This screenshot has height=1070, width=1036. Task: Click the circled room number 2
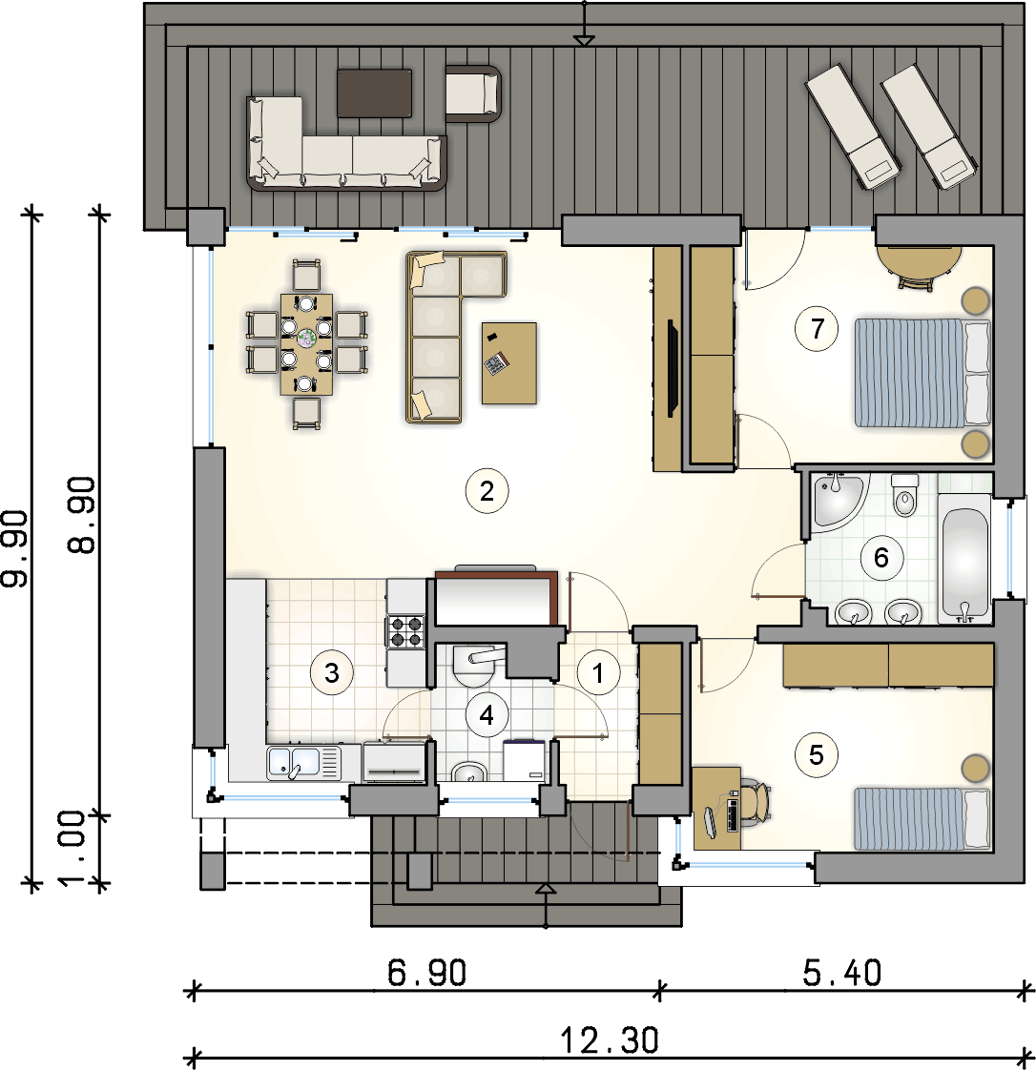(487, 490)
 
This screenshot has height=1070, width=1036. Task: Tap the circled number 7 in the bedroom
(817, 329)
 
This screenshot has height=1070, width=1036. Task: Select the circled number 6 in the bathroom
(881, 558)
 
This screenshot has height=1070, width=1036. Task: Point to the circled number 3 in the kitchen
(332, 672)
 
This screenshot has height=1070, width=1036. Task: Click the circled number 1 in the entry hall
(598, 673)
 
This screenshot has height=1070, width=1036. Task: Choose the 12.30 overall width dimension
(610, 1040)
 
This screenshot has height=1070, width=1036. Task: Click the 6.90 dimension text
(426, 973)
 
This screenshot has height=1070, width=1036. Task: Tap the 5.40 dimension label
(841, 973)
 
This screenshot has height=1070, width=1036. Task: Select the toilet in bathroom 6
(905, 495)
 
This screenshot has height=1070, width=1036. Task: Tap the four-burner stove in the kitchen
(405, 631)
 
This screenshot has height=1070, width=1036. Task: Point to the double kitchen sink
(303, 763)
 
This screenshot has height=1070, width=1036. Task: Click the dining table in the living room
(306, 344)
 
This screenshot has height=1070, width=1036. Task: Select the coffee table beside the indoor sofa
(509, 363)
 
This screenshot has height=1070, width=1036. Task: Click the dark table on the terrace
(375, 93)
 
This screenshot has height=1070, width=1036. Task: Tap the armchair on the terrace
(473, 93)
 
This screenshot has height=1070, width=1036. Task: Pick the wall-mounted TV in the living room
(673, 367)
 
